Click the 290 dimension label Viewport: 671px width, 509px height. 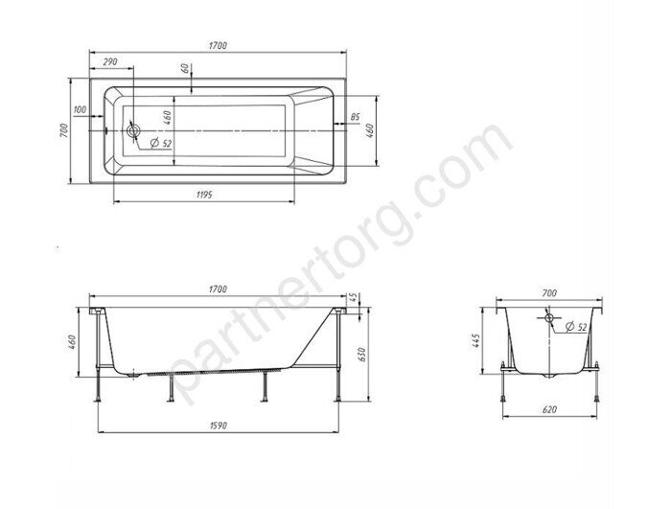point(110,61)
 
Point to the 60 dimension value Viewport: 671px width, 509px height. point(184,68)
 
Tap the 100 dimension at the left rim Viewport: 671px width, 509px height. point(80,109)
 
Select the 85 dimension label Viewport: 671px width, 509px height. point(356,116)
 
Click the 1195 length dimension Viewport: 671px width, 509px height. point(204,195)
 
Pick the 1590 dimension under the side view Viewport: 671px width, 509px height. point(218,426)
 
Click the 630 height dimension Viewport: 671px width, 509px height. point(361,355)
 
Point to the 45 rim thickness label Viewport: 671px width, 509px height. point(354,297)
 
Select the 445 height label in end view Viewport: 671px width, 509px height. point(476,340)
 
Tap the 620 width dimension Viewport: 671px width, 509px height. point(549,409)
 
